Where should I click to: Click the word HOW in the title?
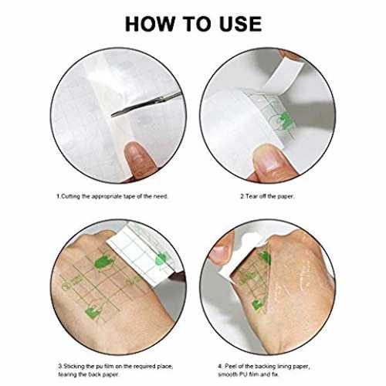[x=150, y=24]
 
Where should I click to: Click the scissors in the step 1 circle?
[x=146, y=105]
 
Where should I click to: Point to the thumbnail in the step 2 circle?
[x=268, y=159]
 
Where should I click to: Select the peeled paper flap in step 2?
[x=283, y=76]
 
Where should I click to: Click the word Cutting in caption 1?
[x=71, y=196]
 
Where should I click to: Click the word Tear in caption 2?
[x=251, y=196]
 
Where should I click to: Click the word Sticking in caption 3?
[x=74, y=366]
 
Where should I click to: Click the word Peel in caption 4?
[x=230, y=366]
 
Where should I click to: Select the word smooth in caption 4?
[x=227, y=374]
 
